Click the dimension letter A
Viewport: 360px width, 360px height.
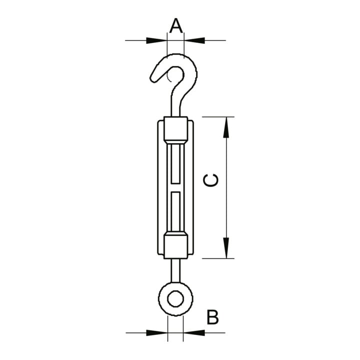(176, 25)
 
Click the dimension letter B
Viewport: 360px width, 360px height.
(212, 317)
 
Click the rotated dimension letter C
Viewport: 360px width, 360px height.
(211, 180)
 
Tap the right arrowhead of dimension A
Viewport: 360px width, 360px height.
(194, 40)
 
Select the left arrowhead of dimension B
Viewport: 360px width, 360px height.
(157, 332)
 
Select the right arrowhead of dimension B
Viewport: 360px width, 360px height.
(194, 332)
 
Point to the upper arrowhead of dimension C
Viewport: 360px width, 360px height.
(226, 127)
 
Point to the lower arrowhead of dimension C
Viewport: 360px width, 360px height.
(226, 248)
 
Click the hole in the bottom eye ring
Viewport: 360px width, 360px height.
(175, 298)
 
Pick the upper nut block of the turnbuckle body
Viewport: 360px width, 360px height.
(175, 129)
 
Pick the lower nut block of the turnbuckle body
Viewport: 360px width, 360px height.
(175, 246)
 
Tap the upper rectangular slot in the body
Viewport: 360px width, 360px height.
(175, 164)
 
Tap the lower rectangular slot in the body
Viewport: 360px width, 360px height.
(175, 211)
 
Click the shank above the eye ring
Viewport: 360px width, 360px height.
(175, 270)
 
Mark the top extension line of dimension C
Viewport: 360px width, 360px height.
(218, 117)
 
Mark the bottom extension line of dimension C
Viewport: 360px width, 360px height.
(218, 258)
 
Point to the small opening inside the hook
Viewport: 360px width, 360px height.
(175, 75)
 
